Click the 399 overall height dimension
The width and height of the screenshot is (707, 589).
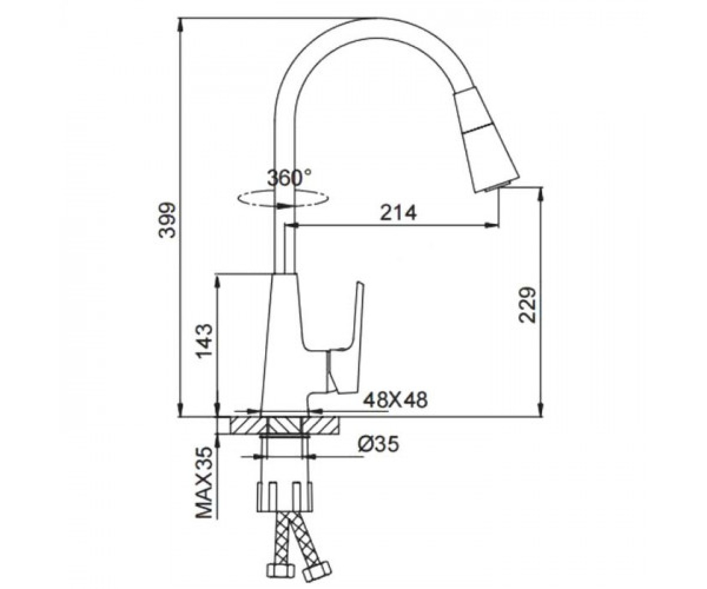tap(167, 220)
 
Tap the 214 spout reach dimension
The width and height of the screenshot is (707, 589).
tap(398, 213)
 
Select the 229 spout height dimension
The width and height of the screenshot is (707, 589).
tap(527, 305)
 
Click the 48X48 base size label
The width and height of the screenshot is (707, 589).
tap(395, 399)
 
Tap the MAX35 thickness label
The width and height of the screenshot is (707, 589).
tap(204, 488)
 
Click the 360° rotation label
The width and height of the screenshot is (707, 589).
tap(289, 178)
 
